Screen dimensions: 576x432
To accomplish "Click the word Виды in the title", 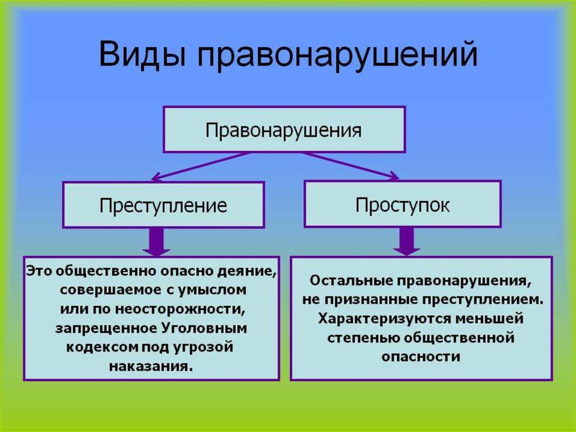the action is tap(142, 55).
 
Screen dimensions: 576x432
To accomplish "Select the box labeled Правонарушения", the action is tap(284, 130).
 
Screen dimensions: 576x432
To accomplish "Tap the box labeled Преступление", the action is tap(164, 205).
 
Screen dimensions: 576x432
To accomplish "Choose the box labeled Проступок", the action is tap(403, 204).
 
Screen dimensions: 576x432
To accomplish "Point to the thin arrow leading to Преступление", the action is tap(201, 166).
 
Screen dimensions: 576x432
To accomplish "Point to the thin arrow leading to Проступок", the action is tap(350, 166).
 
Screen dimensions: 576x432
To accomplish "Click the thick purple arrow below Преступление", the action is tap(156, 242).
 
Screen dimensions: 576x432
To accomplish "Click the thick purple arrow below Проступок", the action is tap(407, 242).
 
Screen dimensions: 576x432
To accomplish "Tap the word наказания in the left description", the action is tap(151, 367).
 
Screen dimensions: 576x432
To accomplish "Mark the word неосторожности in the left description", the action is tap(180, 309).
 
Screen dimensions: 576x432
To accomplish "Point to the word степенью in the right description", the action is tap(363, 338).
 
